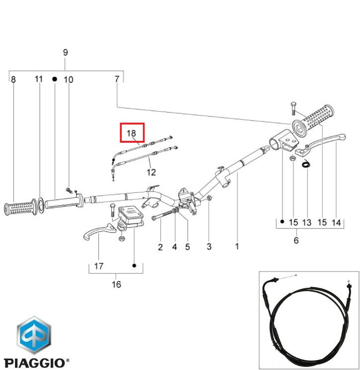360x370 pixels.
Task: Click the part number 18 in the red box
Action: point(132,133)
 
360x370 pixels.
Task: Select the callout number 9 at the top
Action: point(66,53)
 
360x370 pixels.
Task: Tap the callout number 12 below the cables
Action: point(151,172)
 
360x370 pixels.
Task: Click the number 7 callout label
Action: point(117,79)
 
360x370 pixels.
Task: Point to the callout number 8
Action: point(13,79)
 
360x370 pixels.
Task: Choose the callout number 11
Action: point(39,79)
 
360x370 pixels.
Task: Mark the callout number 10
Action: point(69,79)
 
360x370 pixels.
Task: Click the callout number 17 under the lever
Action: point(99,266)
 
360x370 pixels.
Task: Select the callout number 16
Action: point(116,284)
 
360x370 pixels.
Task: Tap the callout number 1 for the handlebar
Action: point(237,247)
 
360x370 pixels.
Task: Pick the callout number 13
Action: point(307,222)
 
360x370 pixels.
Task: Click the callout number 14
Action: point(336,223)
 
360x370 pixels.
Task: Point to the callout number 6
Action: point(296,241)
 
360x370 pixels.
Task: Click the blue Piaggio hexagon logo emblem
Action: point(34,335)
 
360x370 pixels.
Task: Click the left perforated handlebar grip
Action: point(21,208)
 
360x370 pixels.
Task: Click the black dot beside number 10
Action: point(55,79)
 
